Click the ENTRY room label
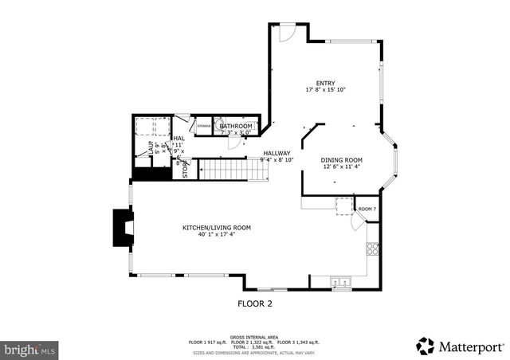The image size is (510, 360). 324,83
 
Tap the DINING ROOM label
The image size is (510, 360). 342,160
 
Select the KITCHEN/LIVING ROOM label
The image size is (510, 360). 217,228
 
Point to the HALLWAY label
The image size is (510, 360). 277,153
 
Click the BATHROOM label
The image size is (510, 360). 236,126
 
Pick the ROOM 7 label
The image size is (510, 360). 367,209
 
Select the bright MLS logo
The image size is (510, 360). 29,349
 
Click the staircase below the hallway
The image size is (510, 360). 222,170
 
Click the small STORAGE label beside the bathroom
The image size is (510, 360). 204,126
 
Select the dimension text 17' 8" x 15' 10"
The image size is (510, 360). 324,90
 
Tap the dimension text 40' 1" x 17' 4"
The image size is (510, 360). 217,235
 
